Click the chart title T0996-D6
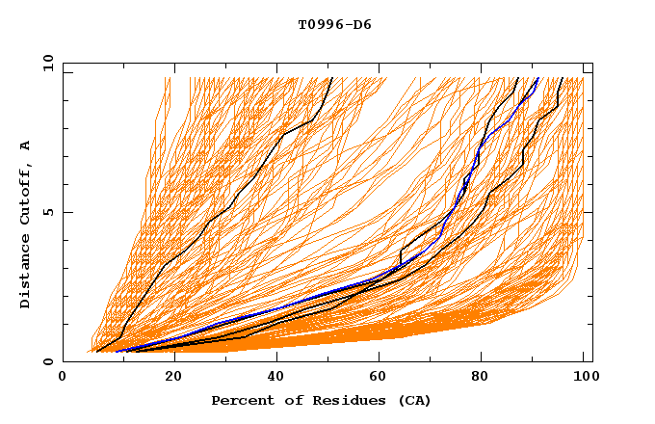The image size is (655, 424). (x=334, y=25)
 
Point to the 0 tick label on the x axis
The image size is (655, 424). (x=63, y=379)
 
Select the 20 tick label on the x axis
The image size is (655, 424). (x=168, y=379)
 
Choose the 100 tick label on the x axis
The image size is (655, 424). (x=584, y=379)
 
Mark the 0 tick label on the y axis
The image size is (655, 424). (x=47, y=362)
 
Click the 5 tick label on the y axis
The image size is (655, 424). (x=47, y=212)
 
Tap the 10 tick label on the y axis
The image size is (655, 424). (x=44, y=62)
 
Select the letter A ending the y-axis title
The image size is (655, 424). (x=26, y=145)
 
